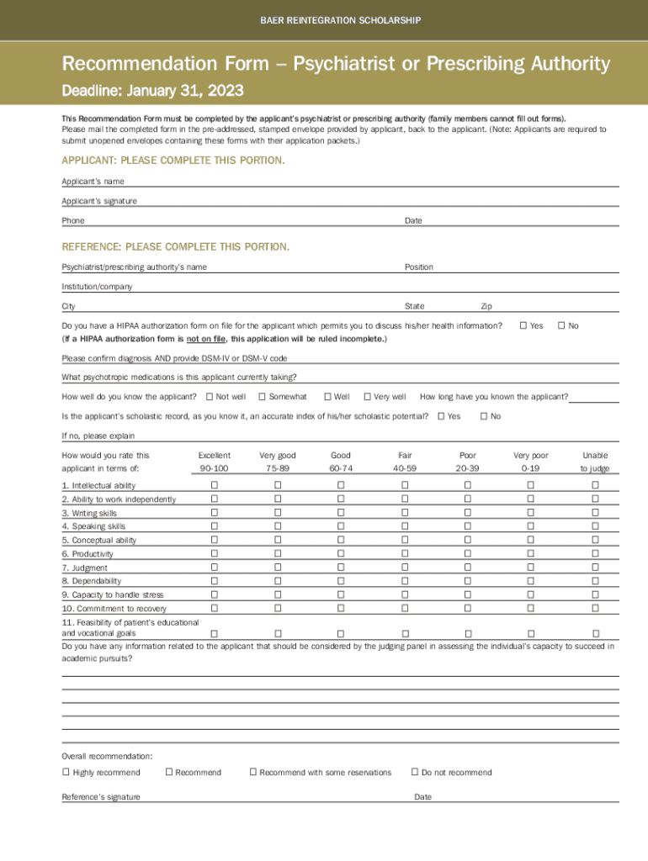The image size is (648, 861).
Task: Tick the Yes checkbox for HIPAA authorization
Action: [523, 325]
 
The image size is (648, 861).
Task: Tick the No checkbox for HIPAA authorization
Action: [561, 325]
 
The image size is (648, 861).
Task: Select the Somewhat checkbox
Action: [262, 396]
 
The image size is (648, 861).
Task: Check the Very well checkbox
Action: [367, 396]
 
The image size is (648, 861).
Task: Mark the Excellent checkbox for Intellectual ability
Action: [214, 485]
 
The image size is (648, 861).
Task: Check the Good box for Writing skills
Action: [341, 513]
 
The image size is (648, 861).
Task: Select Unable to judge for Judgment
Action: [595, 568]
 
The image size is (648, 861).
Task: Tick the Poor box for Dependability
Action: [468, 581]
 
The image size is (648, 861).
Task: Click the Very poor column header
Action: [530, 455]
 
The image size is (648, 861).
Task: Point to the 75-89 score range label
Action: [277, 468]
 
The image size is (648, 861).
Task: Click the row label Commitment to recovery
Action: [114, 609]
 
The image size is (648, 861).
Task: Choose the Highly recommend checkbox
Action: [66, 772]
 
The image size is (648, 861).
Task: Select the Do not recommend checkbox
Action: [414, 772]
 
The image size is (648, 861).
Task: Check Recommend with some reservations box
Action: [252, 772]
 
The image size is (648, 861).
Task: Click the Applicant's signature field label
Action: [99, 201]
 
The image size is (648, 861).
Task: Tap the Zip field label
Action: [486, 306]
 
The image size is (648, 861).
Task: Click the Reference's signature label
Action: [101, 797]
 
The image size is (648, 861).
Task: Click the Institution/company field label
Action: [97, 287]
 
